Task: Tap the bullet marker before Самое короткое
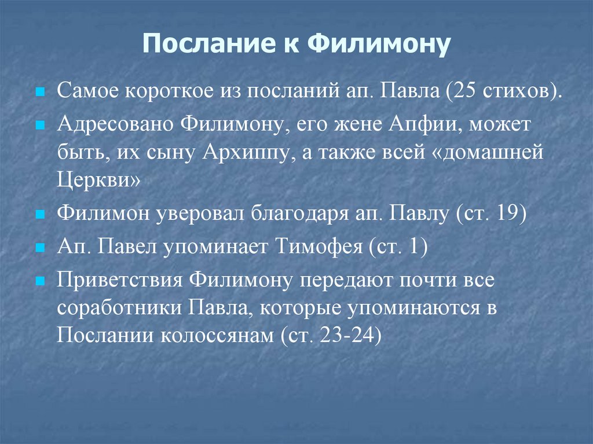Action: click(41, 93)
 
